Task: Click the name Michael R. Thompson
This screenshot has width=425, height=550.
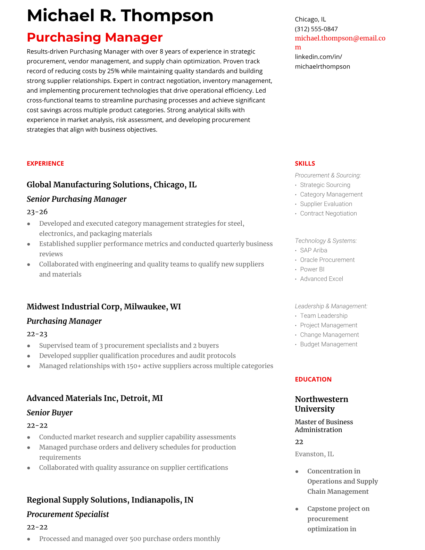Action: click(x=120, y=16)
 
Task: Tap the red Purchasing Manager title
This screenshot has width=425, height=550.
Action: click(x=94, y=37)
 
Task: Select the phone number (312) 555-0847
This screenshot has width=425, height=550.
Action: click(x=316, y=29)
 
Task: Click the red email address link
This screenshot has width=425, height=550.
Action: click(x=340, y=39)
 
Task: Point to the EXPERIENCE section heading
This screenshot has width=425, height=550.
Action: click(x=45, y=164)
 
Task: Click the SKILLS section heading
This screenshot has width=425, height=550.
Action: click(x=305, y=164)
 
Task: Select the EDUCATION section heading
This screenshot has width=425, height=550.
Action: click(x=313, y=380)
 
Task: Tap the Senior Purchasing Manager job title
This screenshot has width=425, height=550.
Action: click(x=76, y=199)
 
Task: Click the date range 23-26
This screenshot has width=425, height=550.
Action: click(x=37, y=212)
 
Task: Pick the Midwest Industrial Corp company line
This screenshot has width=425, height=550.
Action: click(x=103, y=307)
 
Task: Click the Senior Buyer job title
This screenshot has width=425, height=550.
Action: click(x=49, y=412)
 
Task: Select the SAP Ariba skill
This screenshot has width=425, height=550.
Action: click(x=313, y=250)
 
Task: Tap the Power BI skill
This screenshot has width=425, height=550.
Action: click(x=312, y=269)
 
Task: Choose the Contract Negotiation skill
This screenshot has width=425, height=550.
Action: click(x=328, y=214)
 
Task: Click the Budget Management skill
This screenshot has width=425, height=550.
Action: click(x=328, y=344)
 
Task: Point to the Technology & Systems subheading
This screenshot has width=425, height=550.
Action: click(x=325, y=241)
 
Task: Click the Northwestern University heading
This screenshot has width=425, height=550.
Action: click(x=321, y=404)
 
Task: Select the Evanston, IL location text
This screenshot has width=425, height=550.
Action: click(x=314, y=454)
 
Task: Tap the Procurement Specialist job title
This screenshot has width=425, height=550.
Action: click(x=68, y=514)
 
